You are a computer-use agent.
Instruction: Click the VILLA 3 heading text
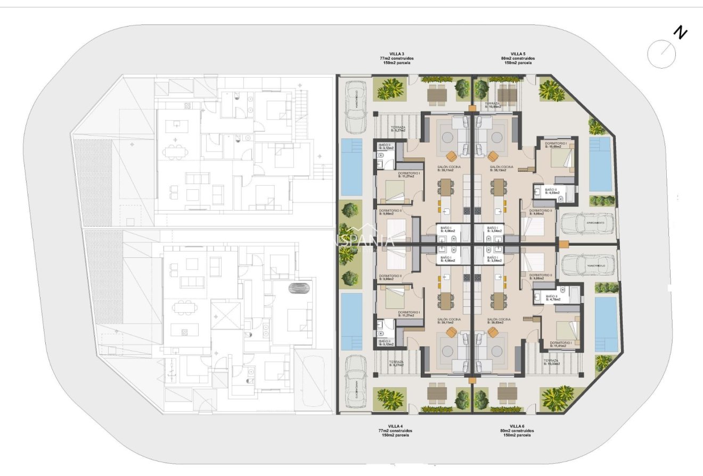pyautogui.click(x=395, y=54)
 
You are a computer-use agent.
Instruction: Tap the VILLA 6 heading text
pyautogui.click(x=517, y=426)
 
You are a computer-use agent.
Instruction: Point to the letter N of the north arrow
pyautogui.click(x=680, y=33)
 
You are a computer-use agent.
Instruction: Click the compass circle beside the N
pyautogui.click(x=661, y=54)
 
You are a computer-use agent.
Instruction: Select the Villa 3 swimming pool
pyautogui.click(x=351, y=167)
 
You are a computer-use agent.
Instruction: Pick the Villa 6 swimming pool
pyautogui.click(x=606, y=324)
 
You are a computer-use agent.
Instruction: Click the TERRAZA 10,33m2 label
pyautogui.click(x=551, y=362)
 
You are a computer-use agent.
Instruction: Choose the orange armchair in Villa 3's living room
pyautogui.click(x=452, y=155)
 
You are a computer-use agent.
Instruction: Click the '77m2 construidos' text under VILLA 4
pyautogui.click(x=395, y=430)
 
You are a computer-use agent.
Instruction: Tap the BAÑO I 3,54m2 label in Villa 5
pyautogui.click(x=492, y=230)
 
